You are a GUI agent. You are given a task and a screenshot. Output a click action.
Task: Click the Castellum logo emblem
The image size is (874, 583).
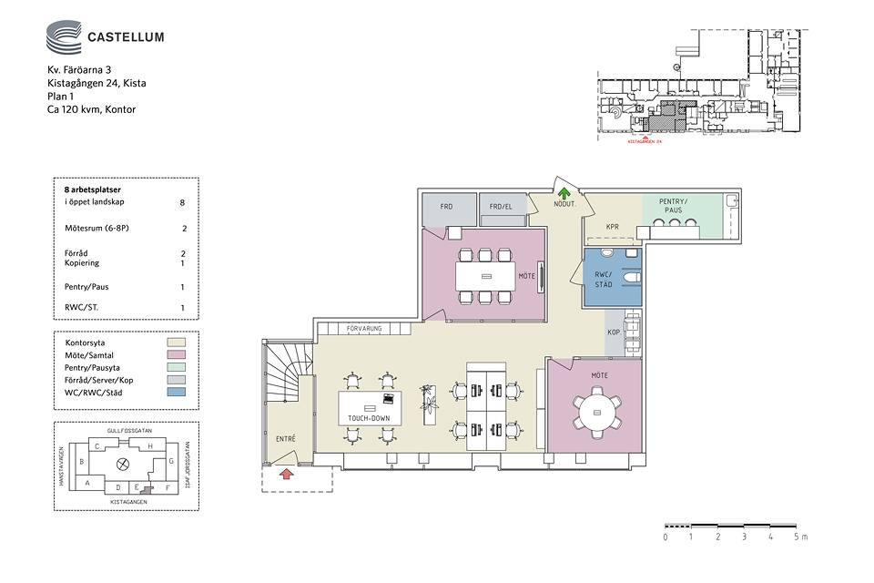tap(63, 37)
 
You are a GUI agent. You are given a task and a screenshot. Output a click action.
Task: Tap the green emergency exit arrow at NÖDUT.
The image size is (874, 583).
tap(564, 193)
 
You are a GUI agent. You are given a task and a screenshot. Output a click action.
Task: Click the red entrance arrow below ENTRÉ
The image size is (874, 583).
tap(285, 473)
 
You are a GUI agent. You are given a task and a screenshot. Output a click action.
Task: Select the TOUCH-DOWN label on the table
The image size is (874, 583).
tap(369, 419)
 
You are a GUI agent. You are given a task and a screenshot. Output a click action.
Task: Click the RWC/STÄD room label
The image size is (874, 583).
tap(603, 280)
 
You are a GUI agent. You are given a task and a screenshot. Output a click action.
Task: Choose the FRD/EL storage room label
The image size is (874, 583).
tap(502, 207)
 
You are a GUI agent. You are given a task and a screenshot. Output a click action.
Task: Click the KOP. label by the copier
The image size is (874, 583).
tap(614, 333)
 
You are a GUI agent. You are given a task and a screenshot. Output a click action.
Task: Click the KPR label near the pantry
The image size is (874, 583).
tap(613, 226)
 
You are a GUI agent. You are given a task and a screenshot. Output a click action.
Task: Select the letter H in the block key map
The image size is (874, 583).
tap(149, 445)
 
